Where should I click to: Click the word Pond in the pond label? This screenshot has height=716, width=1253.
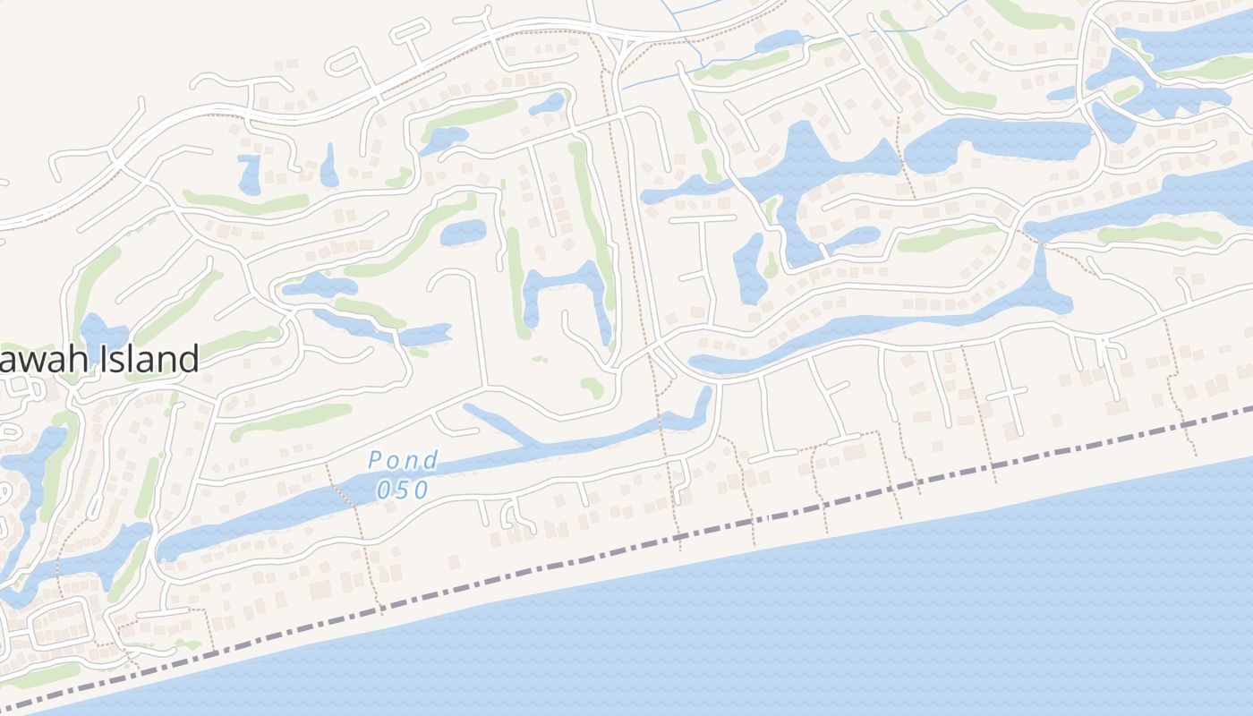coord(403,461)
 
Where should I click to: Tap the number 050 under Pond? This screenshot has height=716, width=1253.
coord(403,490)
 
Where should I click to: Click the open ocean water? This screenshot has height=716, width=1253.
coord(895,626)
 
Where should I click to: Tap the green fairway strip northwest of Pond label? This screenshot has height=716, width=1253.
coord(291,421)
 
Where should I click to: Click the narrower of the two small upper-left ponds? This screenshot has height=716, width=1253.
coord(328,166)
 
